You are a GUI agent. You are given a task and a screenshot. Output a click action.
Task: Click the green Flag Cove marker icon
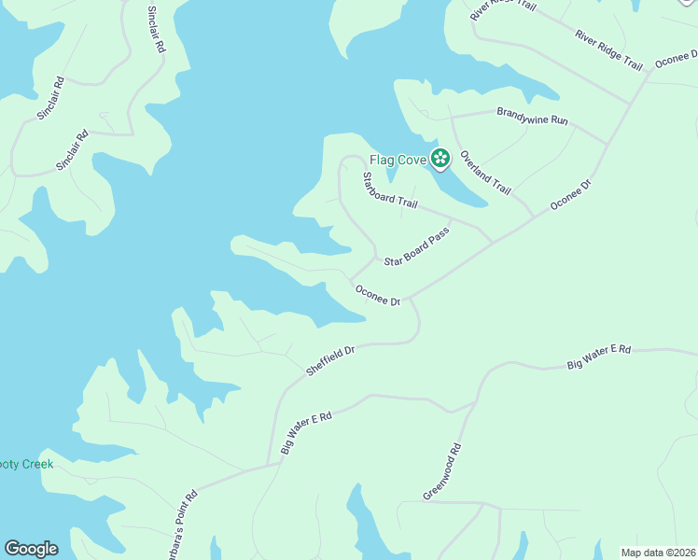[440, 159]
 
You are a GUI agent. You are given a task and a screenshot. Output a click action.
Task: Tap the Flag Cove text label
[398, 160]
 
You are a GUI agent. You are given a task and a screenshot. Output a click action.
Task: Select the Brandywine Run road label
[532, 119]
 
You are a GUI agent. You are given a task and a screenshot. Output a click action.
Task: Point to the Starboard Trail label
[389, 190]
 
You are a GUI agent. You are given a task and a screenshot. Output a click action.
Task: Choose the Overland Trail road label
[485, 173]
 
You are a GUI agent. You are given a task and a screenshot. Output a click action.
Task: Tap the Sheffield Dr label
[331, 362]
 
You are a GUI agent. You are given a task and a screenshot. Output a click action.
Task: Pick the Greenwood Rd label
[442, 471]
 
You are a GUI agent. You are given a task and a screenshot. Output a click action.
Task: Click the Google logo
[31, 549]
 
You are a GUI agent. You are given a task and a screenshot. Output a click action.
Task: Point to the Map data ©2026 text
[658, 553]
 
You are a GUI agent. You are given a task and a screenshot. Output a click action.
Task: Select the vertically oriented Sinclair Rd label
[155, 31]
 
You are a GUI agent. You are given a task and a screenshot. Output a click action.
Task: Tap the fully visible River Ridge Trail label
[609, 50]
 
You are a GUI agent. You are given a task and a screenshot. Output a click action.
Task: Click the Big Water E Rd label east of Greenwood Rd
[599, 357]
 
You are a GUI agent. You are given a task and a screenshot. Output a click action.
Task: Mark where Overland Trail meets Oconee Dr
[533, 217]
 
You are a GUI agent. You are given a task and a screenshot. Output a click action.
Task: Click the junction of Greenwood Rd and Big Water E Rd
[477, 402]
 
